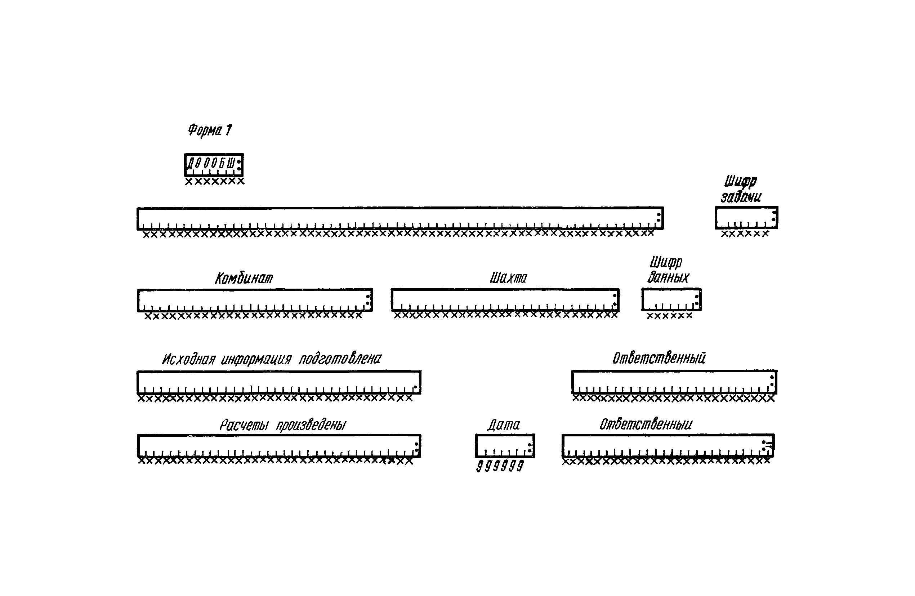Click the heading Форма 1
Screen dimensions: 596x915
tap(210, 130)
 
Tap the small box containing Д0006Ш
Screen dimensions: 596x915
tap(214, 165)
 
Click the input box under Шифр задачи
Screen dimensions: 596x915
tap(746, 218)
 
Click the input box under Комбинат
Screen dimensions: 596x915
tap(255, 300)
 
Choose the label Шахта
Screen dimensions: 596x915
tap(508, 277)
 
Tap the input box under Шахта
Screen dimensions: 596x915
tap(505, 299)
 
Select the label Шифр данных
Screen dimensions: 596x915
tap(668, 270)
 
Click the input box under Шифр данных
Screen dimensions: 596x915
tap(671, 299)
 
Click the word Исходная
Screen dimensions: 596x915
tap(188, 359)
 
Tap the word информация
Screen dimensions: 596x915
tap(256, 360)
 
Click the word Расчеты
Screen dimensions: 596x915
tap(244, 425)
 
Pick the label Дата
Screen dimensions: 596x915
tap(504, 425)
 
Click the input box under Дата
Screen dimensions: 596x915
tap(505, 446)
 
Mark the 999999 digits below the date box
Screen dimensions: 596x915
tap(500, 466)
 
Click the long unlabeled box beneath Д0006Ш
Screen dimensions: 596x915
tap(400, 218)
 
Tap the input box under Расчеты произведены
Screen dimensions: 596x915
tap(279, 446)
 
